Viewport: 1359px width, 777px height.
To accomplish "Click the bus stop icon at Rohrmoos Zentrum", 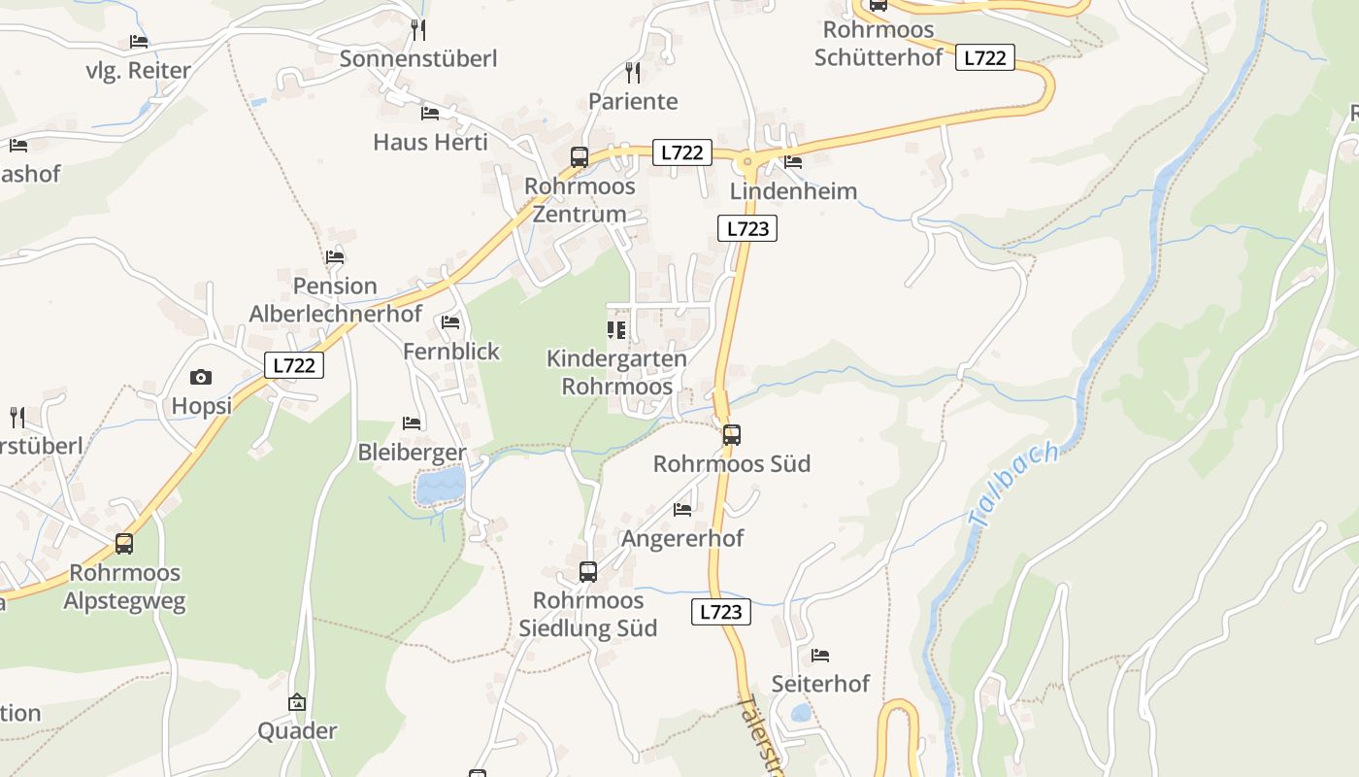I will pyautogui.click(x=580, y=156).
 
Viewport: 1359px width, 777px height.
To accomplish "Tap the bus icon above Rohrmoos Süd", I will pyautogui.click(x=732, y=434).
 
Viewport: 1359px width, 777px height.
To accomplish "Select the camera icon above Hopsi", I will pyautogui.click(x=201, y=377).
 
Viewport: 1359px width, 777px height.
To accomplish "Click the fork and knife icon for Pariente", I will pyautogui.click(x=633, y=72).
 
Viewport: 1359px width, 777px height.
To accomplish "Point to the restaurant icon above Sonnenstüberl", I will pyautogui.click(x=418, y=29).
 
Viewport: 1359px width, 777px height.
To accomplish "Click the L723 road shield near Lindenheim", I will pyautogui.click(x=747, y=228).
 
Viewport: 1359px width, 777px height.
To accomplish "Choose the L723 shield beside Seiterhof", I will pyautogui.click(x=720, y=612).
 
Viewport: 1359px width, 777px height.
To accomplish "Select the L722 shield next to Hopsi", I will pyautogui.click(x=293, y=365).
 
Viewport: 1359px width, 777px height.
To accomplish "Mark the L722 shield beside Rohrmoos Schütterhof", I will pyautogui.click(x=985, y=57).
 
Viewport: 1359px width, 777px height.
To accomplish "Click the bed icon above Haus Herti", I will pyautogui.click(x=430, y=114).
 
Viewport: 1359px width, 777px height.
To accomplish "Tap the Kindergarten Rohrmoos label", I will pyautogui.click(x=616, y=372).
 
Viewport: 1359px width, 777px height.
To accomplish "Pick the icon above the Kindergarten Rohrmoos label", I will pyautogui.click(x=616, y=330).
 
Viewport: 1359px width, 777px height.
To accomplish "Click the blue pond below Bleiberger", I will pyautogui.click(x=442, y=485).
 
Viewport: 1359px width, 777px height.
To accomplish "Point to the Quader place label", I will pyautogui.click(x=297, y=730).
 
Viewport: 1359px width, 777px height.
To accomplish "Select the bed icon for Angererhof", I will pyautogui.click(x=682, y=509).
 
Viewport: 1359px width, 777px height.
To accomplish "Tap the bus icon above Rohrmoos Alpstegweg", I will pyautogui.click(x=124, y=544).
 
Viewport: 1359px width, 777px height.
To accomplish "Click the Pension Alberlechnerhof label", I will pyautogui.click(x=336, y=299).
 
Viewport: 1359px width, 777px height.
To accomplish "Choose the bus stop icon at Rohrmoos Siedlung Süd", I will pyautogui.click(x=588, y=571).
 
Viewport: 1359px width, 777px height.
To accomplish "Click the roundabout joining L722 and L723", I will pyautogui.click(x=747, y=161).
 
